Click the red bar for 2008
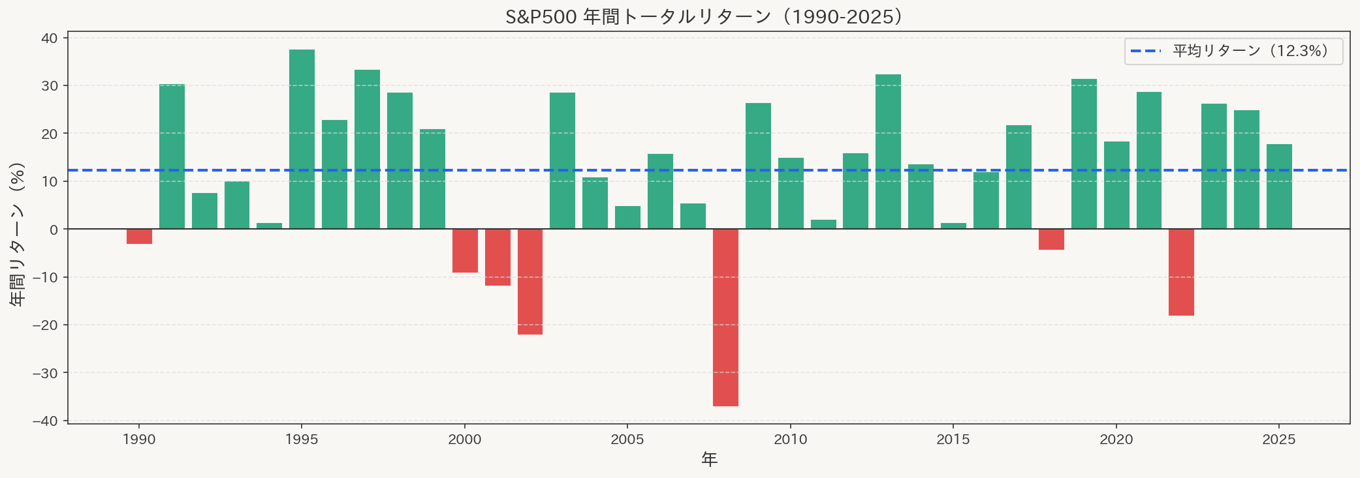[725, 317]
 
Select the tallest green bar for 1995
[302, 139]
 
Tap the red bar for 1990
[139, 236]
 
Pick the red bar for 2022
[1181, 272]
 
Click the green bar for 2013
[888, 151]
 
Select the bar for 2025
[1279, 187]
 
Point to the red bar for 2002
[530, 282]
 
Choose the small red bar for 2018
[1051, 239]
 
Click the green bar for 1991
[172, 157]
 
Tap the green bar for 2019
[1084, 154]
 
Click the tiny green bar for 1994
[269, 226]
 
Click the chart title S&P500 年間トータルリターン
[704, 16]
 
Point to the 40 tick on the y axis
[50, 38]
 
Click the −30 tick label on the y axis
[46, 373]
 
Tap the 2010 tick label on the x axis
[790, 440]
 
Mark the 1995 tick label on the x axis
[302, 440]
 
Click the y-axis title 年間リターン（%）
[18, 234]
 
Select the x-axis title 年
[709, 460]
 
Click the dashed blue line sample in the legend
[1146, 51]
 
